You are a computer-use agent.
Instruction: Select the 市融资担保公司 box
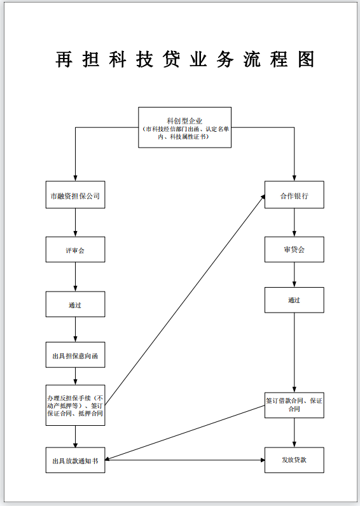[x=75, y=196]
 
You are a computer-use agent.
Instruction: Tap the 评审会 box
[x=75, y=250]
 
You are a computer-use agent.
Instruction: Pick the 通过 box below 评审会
[x=75, y=304]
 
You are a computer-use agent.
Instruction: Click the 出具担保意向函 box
[x=75, y=355]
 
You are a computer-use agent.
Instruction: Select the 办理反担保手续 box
[x=75, y=405]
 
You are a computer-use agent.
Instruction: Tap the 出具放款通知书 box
[x=75, y=460]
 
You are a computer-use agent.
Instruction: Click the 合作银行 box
[x=294, y=196]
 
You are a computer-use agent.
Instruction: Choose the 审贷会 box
[x=294, y=249]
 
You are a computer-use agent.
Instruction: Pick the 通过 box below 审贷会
[x=294, y=300]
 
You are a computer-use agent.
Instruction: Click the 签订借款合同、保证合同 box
[x=294, y=405]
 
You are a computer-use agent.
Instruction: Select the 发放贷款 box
[x=294, y=460]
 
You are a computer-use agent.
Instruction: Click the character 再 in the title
[x=64, y=59]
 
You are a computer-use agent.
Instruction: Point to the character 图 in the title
[x=305, y=59]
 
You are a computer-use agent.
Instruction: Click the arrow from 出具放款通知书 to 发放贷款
[x=184, y=460]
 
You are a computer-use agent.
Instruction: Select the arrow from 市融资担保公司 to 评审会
[x=75, y=223]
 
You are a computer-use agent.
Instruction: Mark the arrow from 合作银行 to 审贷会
[x=294, y=223]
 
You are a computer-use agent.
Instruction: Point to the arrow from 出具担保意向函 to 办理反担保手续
[x=75, y=376]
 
